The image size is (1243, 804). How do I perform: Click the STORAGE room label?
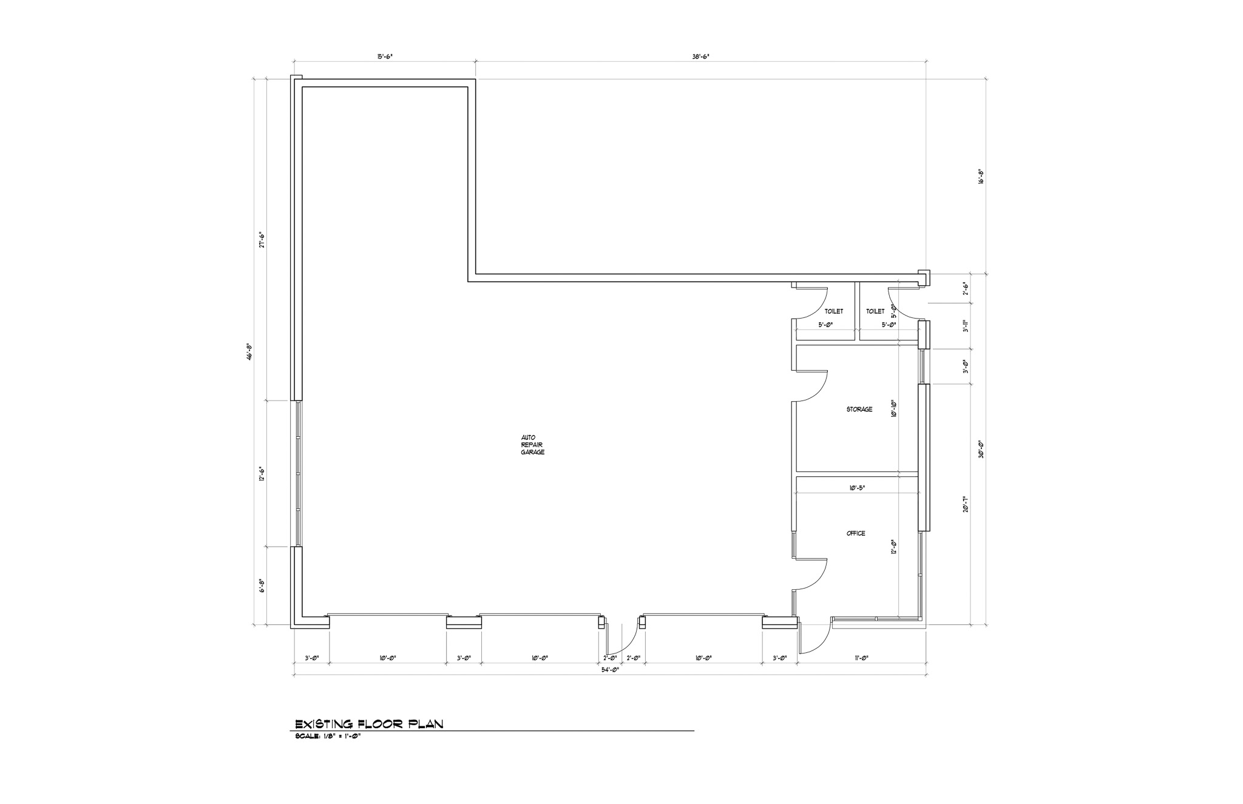click(859, 410)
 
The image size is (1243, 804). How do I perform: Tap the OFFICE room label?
click(856, 533)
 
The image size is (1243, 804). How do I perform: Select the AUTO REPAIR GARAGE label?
click(532, 445)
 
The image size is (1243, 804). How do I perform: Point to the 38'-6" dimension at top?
click(701, 56)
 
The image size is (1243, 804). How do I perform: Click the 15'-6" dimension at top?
click(385, 56)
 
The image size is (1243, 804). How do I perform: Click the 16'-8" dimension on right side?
click(980, 176)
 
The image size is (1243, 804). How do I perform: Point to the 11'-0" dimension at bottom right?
click(861, 658)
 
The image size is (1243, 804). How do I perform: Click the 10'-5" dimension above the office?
click(856, 487)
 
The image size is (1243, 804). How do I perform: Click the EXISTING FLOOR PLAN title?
click(369, 724)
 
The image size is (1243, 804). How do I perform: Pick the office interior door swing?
click(813, 574)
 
